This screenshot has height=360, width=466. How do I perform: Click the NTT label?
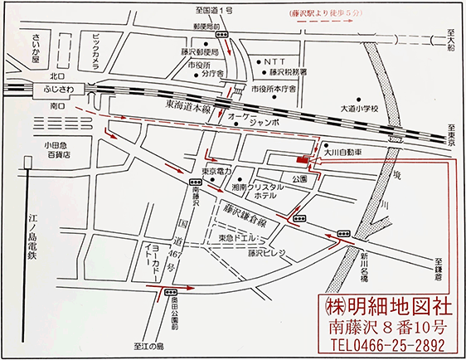coord(275,61)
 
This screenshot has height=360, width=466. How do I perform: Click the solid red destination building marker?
coord(302,158)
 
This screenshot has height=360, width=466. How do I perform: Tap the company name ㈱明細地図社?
coord(382,303)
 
